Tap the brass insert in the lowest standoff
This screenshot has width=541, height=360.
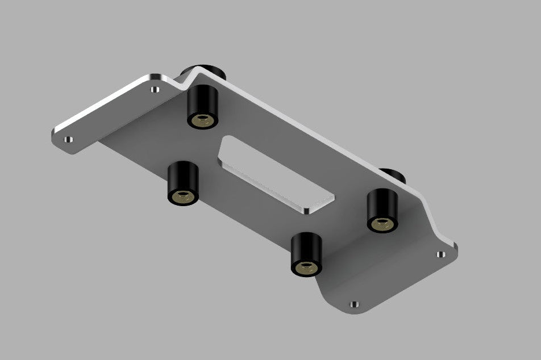pyautogui.click(x=306, y=267)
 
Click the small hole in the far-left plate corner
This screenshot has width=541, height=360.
pyautogui.click(x=68, y=139)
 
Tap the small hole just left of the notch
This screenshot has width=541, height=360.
pyautogui.click(x=156, y=89)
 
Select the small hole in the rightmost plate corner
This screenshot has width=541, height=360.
pyautogui.click(x=440, y=254)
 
